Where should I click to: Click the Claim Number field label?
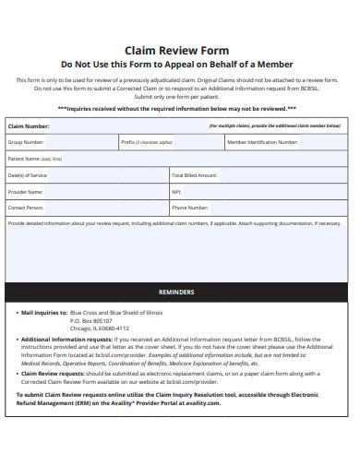click(x=29, y=125)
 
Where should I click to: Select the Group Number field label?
click(x=26, y=143)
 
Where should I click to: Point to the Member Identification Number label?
click(x=262, y=143)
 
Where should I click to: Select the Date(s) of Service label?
click(x=28, y=174)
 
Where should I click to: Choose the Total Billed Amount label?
click(x=195, y=174)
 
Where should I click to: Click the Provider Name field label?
click(x=26, y=191)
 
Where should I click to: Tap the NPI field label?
click(x=176, y=191)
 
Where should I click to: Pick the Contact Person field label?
click(x=26, y=208)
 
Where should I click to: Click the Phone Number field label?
click(x=190, y=208)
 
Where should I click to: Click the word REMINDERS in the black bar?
click(x=176, y=291)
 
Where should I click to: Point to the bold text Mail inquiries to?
click(x=43, y=313)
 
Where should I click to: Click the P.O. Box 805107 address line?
click(x=91, y=320)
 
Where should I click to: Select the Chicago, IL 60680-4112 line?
click(x=100, y=328)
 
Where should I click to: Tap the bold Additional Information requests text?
click(x=57, y=340)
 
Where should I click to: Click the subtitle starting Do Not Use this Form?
click(x=176, y=65)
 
